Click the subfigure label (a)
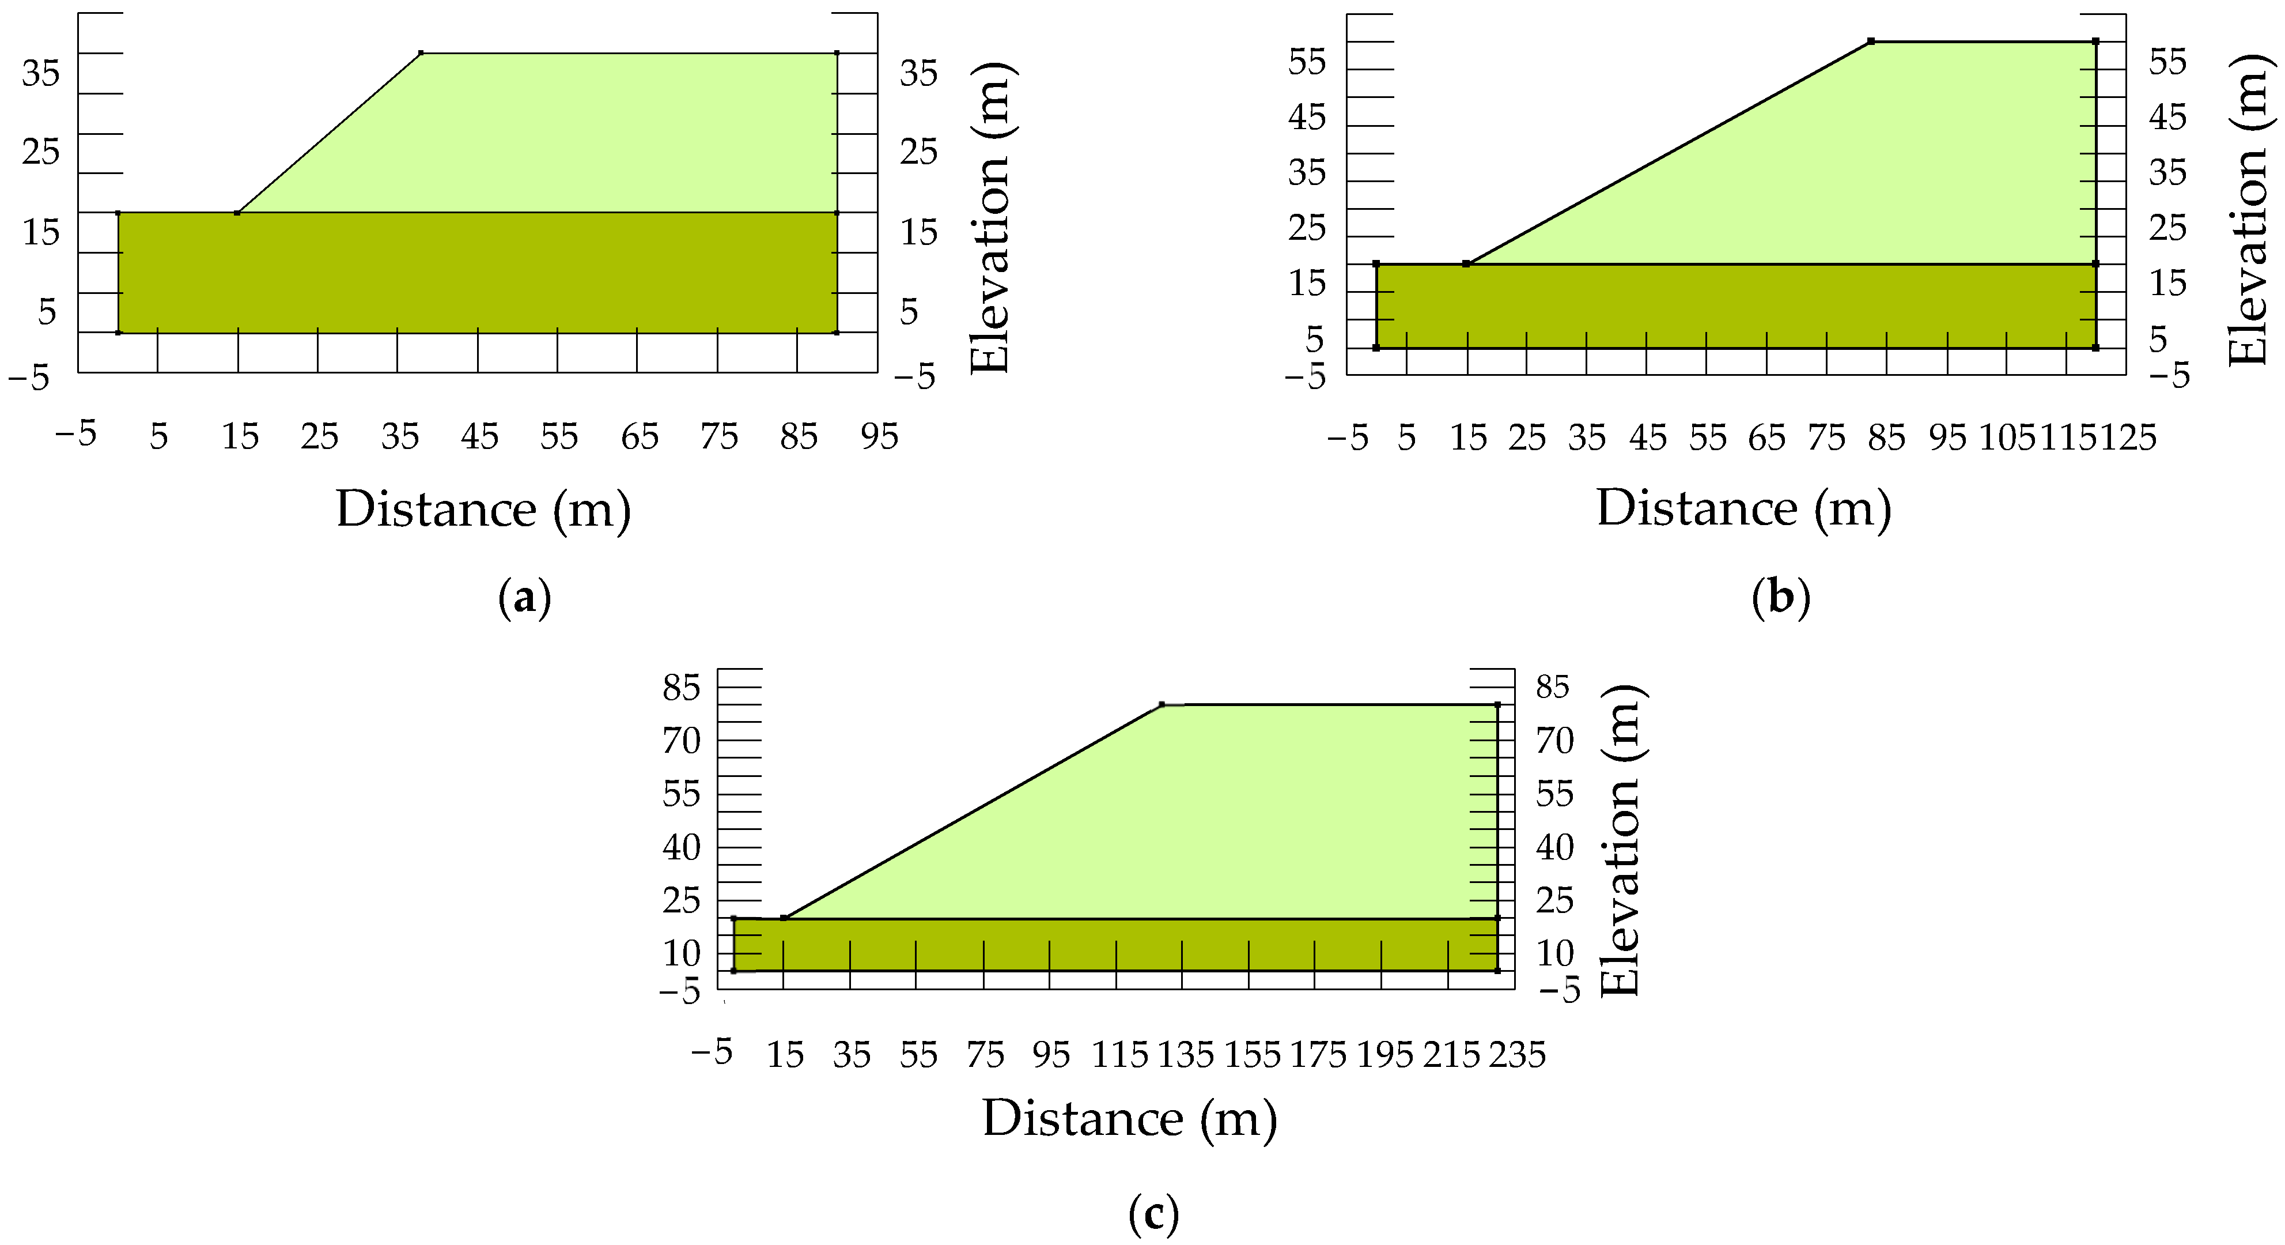click(525, 599)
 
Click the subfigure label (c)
click(1153, 1213)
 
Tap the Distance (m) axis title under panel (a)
click(483, 510)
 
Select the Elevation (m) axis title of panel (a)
click(991, 217)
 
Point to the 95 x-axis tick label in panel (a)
click(879, 436)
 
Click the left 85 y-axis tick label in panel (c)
click(681, 687)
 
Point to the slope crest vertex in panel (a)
click(421, 53)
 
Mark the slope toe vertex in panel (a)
click(237, 213)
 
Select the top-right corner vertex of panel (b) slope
click(2095, 41)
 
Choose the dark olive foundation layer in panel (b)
click(1730, 306)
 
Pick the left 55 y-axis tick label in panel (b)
click(1307, 62)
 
